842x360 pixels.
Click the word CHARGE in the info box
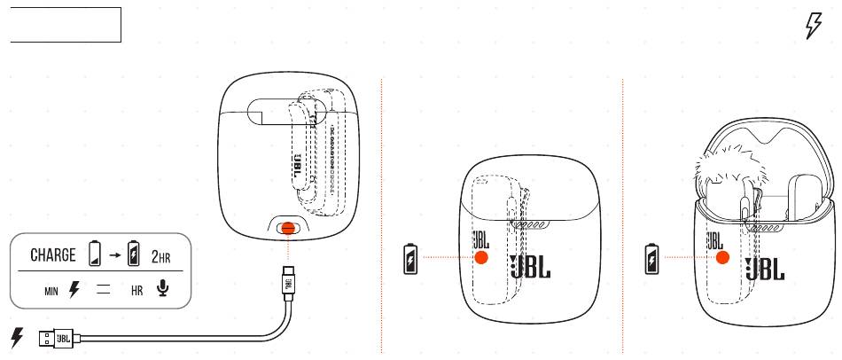(x=53, y=255)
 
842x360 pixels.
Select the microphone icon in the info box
(x=161, y=290)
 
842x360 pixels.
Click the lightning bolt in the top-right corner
(x=812, y=27)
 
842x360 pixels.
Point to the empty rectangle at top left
(x=65, y=24)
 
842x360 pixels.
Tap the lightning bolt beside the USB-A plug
(x=16, y=337)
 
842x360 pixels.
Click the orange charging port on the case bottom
(x=285, y=228)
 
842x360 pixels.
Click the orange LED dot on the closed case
(x=481, y=257)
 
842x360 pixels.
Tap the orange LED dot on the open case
(x=722, y=257)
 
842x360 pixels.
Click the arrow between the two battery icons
(x=113, y=255)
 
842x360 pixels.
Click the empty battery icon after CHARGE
(x=95, y=255)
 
